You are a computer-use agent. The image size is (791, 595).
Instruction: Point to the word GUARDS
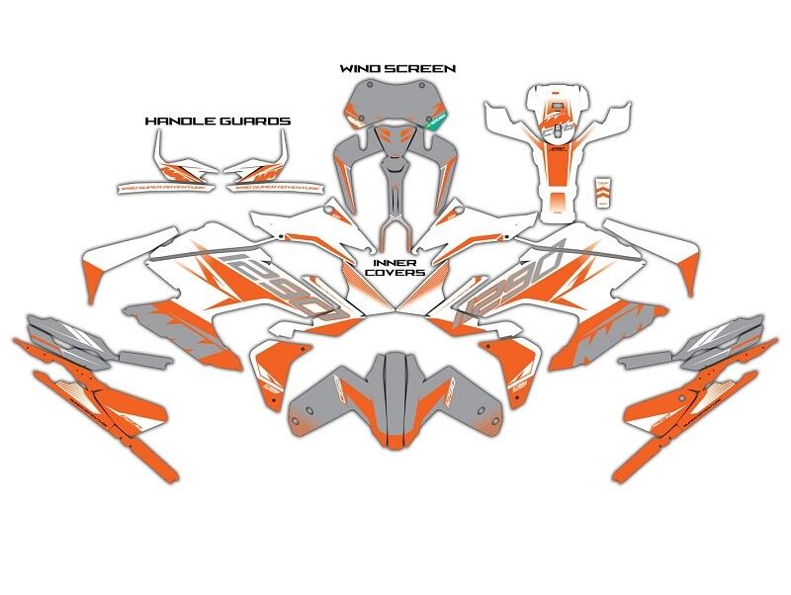(x=259, y=121)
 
